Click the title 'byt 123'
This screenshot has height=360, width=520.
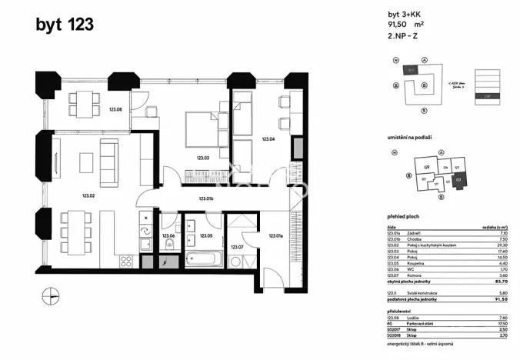[65, 25]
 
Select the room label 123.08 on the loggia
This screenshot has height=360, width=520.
[116, 110]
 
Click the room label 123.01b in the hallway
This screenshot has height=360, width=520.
[205, 199]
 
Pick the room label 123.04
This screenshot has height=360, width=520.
[268, 139]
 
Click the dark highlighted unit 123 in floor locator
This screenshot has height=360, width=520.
[459, 182]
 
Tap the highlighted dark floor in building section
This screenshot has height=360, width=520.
[486, 96]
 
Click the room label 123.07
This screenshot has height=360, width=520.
[236, 247]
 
